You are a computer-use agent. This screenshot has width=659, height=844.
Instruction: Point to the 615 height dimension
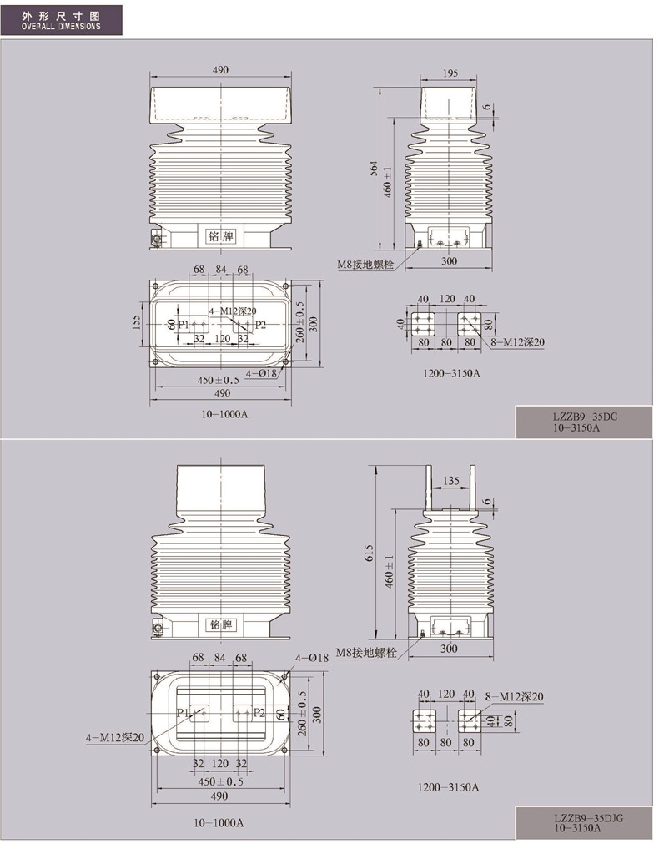pyautogui.click(x=369, y=553)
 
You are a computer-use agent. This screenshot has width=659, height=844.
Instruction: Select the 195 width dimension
pyautogui.click(x=450, y=73)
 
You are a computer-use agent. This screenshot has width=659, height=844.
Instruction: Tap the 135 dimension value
pyautogui.click(x=450, y=480)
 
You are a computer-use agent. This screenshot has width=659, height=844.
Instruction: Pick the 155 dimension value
pyautogui.click(x=136, y=323)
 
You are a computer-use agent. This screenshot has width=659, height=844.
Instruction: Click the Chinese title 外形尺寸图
pyautogui.click(x=61, y=16)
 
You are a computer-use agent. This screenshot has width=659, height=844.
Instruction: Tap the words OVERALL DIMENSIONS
pyautogui.click(x=61, y=26)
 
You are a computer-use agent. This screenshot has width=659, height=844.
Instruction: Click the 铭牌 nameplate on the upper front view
pyautogui.click(x=220, y=235)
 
